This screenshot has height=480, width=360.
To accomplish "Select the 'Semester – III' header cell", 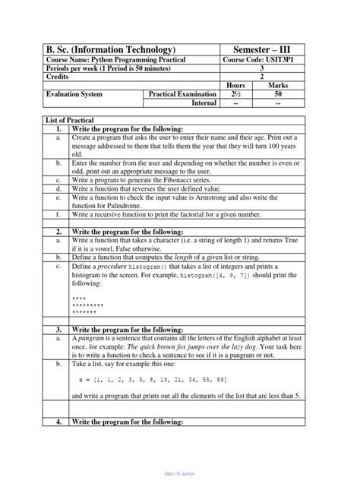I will [263, 49].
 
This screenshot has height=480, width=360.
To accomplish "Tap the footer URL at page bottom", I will [180, 471].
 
